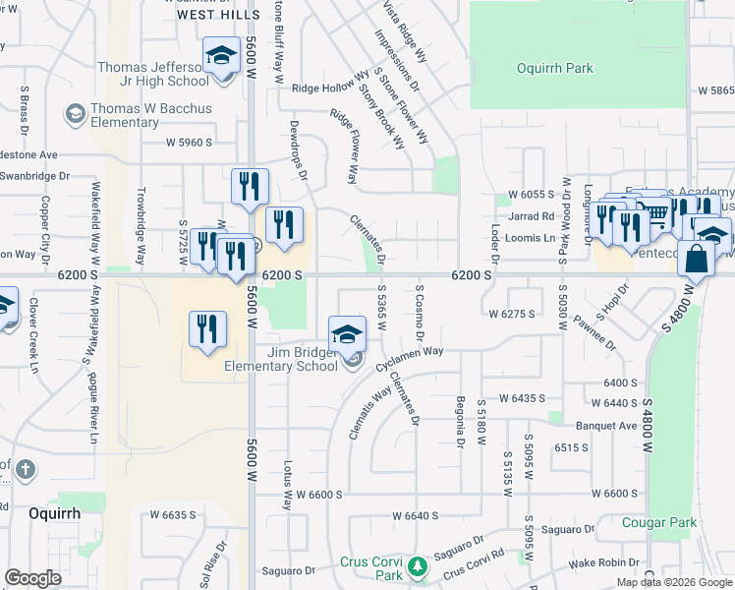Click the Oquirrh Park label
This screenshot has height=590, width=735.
(555, 68)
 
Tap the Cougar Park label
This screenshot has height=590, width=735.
(658, 522)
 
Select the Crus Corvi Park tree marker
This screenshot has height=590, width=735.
(418, 566)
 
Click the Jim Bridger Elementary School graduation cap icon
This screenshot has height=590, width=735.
(347, 334)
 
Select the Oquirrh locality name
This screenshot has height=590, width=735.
(53, 513)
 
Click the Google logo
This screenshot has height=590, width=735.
(32, 578)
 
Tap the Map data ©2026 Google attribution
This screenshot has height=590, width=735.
(673, 582)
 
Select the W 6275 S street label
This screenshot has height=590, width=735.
(511, 314)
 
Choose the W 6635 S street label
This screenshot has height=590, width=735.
(173, 514)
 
